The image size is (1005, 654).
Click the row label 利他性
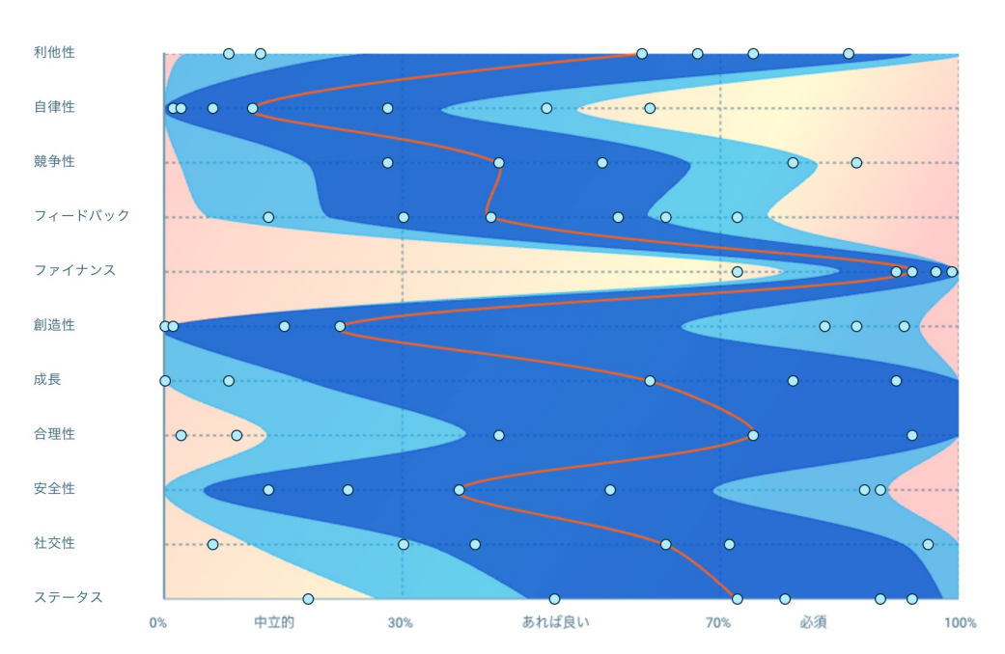tap(53, 52)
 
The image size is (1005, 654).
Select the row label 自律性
tap(53, 107)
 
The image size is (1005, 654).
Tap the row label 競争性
tap(53, 161)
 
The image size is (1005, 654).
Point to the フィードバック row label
tap(81, 215)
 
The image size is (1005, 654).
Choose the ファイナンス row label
tap(74, 270)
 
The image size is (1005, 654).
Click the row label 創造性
tap(53, 325)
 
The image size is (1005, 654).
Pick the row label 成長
tap(46, 380)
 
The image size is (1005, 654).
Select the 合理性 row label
tap(53, 434)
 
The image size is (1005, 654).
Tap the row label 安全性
tap(53, 489)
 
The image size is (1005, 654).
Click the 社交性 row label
tap(53, 543)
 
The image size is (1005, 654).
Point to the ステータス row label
tap(68, 597)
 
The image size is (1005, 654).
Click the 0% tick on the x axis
tap(158, 623)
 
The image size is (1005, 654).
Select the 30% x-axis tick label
tap(401, 623)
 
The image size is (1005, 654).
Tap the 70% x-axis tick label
tap(718, 623)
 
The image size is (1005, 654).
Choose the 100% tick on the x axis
tap(960, 623)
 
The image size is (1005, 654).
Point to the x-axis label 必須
tap(813, 623)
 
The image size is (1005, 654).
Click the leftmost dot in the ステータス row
tap(308, 599)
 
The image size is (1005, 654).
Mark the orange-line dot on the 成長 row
tap(650, 381)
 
